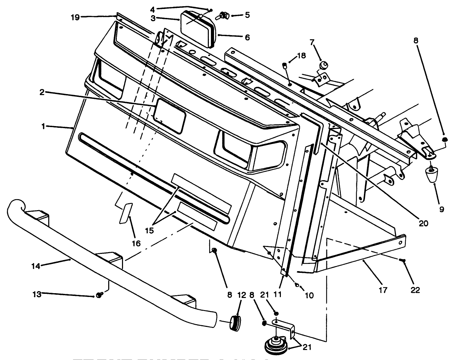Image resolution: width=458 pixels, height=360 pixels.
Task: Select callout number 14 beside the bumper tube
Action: tap(36, 266)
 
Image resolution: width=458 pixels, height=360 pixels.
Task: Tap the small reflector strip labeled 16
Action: tap(125, 213)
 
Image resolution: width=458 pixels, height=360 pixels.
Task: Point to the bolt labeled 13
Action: tap(100, 295)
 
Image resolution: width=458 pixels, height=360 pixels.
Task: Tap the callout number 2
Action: tap(42, 92)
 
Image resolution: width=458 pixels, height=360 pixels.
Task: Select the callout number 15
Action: tap(149, 230)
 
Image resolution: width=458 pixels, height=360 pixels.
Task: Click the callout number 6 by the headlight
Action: tap(247, 37)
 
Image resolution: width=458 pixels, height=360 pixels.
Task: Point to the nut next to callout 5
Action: tap(224, 15)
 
